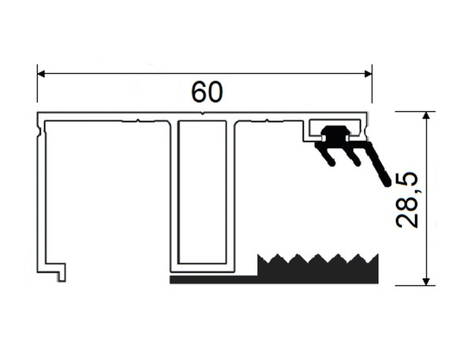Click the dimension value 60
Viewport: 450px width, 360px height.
click(x=207, y=92)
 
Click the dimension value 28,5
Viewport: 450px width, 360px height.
click(x=406, y=200)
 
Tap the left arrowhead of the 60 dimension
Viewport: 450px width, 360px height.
click(x=41, y=74)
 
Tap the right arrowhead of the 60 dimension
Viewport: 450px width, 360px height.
click(x=368, y=74)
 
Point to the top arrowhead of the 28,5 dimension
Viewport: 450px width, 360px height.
click(x=426, y=115)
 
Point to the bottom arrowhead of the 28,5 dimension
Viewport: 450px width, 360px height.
click(x=426, y=282)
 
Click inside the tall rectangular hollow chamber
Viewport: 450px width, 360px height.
click(x=202, y=192)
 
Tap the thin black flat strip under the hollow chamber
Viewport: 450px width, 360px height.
click(x=214, y=280)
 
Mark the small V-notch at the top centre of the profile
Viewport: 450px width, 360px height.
click(x=203, y=114)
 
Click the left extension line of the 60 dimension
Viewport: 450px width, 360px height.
click(x=37, y=83)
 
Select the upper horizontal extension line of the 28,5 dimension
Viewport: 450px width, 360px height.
click(x=415, y=111)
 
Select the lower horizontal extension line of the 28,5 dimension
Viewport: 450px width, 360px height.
click(x=415, y=286)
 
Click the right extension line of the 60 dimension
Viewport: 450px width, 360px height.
click(x=372, y=83)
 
